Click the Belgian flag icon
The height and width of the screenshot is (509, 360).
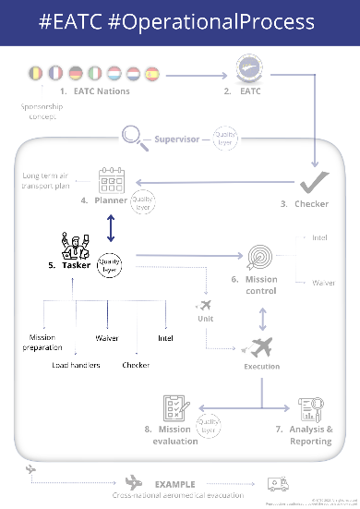36,72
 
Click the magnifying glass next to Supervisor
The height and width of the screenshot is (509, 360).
134,139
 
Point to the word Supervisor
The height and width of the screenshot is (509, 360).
177,140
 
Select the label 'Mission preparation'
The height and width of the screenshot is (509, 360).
42,343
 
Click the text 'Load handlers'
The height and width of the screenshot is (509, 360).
77,366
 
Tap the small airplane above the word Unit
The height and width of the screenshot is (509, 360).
205,305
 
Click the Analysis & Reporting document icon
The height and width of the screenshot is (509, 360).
309,409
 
